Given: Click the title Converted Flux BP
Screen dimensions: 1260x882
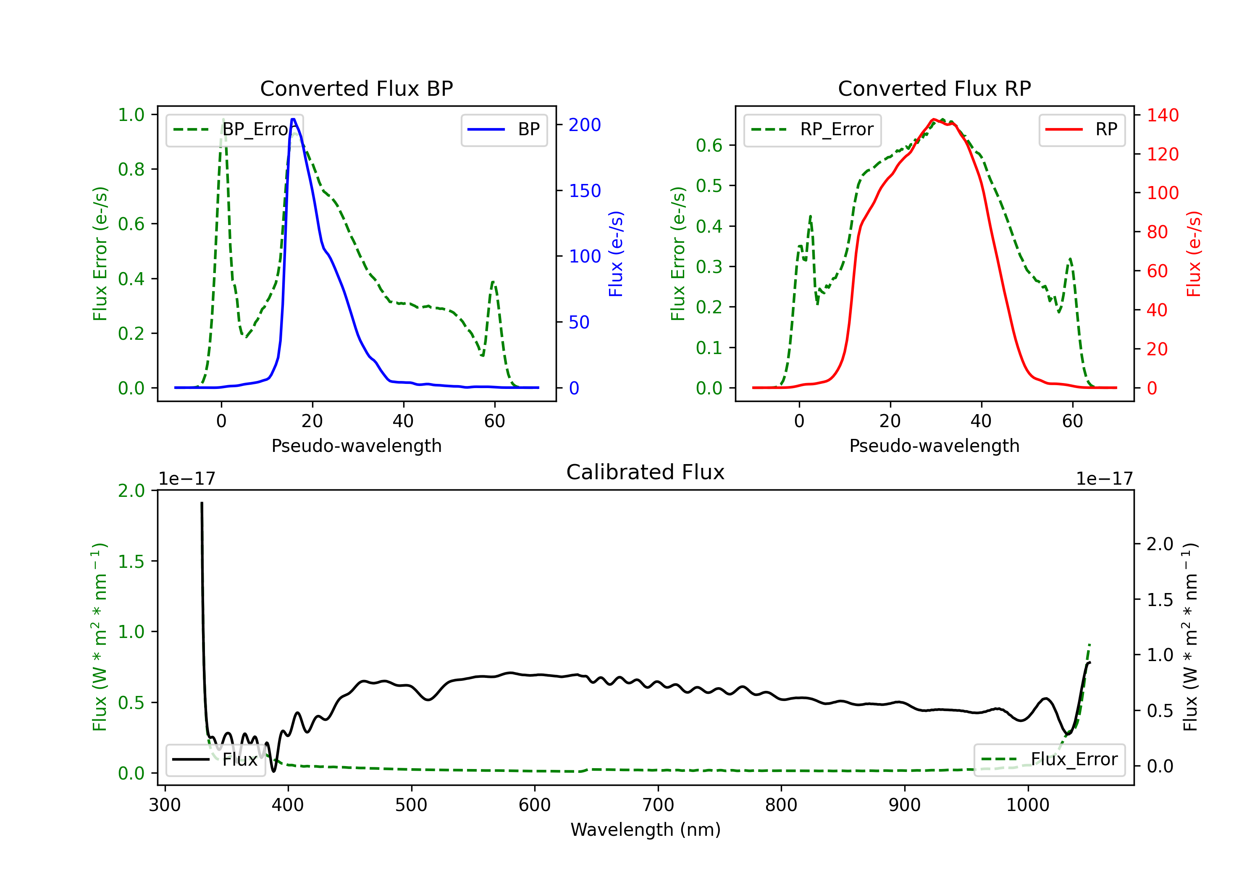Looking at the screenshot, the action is (x=356, y=88).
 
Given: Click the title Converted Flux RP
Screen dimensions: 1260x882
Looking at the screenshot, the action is (x=934, y=88).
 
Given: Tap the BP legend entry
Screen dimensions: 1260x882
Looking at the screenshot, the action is (x=504, y=129).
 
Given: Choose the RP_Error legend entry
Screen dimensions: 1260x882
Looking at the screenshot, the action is (x=812, y=129).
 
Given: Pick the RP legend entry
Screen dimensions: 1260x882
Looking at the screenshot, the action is (x=1081, y=129).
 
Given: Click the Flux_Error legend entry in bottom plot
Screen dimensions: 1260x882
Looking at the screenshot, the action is (x=1049, y=760).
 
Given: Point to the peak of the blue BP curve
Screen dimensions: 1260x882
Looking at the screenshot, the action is (x=293, y=119).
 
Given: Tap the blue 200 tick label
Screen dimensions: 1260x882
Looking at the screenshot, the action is (x=585, y=125).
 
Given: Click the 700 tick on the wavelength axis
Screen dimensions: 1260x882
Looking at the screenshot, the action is (x=658, y=805).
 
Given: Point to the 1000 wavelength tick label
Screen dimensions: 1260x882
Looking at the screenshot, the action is (x=1027, y=805).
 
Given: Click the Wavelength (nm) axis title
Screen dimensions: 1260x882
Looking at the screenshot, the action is (x=646, y=829).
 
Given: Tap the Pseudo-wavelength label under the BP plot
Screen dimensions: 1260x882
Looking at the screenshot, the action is (x=356, y=446).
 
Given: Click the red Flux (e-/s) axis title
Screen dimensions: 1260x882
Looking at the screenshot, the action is (x=1193, y=254).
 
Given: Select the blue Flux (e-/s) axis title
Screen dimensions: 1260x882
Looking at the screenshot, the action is (x=615, y=254).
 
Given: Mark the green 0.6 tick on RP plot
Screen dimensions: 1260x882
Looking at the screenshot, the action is (x=709, y=145).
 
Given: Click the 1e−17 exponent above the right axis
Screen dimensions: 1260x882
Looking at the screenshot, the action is (x=1104, y=479).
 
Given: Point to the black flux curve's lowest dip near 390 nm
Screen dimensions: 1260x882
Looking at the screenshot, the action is (x=274, y=771).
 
